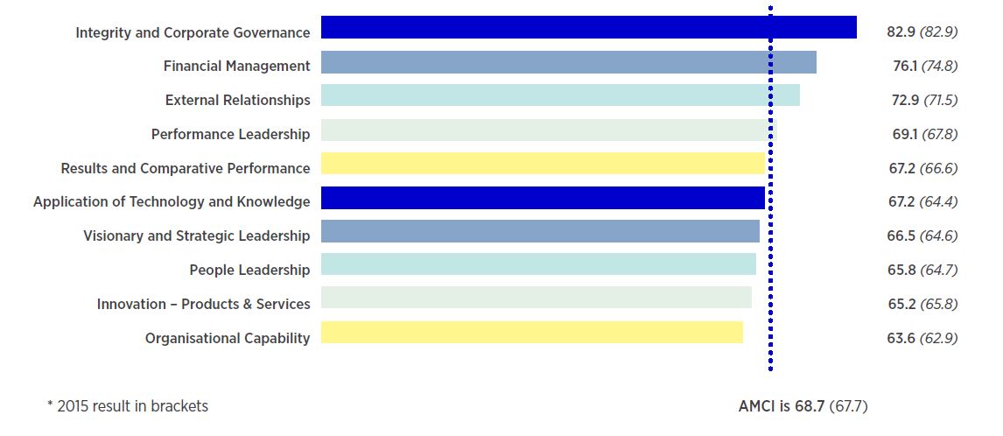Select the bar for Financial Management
coord(568,62)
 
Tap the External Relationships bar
coord(560,95)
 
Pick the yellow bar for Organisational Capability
coord(531,333)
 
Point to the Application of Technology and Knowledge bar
coord(543,198)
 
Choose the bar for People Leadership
coord(538,264)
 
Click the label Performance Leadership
coord(230,134)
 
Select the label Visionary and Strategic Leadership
coord(196,236)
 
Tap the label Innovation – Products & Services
coord(203,304)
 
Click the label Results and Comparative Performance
coord(185,168)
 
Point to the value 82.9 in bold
coord(901,32)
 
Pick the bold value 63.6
coord(901,338)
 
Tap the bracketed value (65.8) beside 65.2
coord(938,304)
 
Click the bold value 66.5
coord(901,236)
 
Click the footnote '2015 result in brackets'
coord(131,406)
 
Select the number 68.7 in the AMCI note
coord(810,406)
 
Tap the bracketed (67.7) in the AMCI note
coord(848,406)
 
